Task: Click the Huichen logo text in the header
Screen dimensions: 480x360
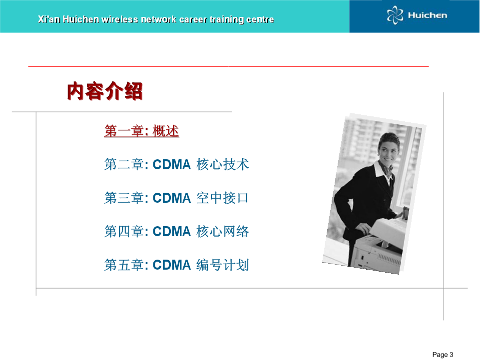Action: (x=428, y=15)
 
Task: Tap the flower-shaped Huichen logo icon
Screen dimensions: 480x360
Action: (x=395, y=15)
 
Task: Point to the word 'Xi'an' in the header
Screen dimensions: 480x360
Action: (x=49, y=19)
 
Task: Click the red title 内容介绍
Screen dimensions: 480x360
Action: (x=105, y=91)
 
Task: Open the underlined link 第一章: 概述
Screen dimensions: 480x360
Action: (x=141, y=131)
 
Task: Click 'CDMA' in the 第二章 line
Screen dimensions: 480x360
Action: (x=172, y=165)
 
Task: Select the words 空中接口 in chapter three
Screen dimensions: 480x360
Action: (x=223, y=198)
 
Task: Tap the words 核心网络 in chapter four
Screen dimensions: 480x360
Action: (x=223, y=232)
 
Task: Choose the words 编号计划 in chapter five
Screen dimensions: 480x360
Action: (x=223, y=265)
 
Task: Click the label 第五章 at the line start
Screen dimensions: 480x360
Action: (x=124, y=265)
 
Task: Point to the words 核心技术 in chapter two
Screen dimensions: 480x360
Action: (x=223, y=165)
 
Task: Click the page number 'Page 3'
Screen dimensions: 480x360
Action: (x=443, y=355)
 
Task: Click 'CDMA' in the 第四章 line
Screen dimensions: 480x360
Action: (x=172, y=232)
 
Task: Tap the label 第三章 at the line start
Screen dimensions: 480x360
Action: (x=124, y=198)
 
